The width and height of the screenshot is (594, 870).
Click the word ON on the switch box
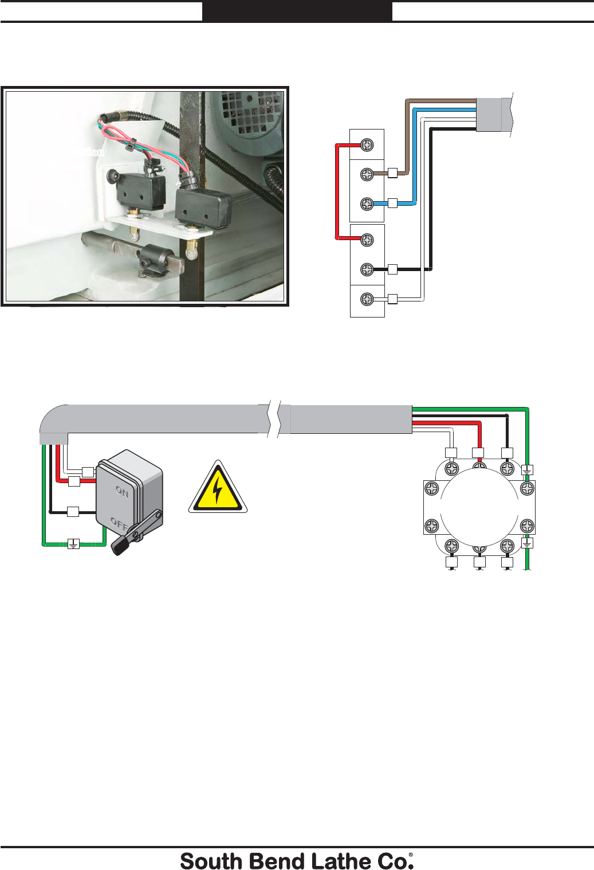coord(122,491)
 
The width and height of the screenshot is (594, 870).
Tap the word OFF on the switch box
coord(119,523)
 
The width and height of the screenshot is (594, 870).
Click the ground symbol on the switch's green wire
coord(73,544)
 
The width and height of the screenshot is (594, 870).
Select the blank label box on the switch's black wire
coord(73,512)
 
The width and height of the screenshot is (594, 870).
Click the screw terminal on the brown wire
coord(367,174)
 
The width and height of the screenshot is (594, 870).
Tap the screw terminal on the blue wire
coord(367,203)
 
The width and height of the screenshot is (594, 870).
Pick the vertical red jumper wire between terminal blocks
coord(337,191)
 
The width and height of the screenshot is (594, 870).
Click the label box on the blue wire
coord(392,203)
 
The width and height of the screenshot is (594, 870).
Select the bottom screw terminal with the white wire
coord(367,299)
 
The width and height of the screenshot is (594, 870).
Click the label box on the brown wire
coord(392,173)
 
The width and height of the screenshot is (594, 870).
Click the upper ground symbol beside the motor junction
coord(528,470)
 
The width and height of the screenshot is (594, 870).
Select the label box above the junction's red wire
coord(478,453)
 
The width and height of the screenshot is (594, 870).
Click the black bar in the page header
coord(297,11)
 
